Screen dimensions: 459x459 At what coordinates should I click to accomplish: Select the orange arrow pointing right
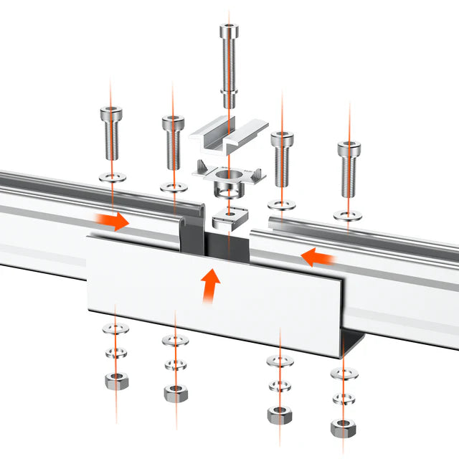(113, 220)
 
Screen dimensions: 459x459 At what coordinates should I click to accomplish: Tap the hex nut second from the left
(173, 392)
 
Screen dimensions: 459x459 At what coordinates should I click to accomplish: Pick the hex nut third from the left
(278, 414)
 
